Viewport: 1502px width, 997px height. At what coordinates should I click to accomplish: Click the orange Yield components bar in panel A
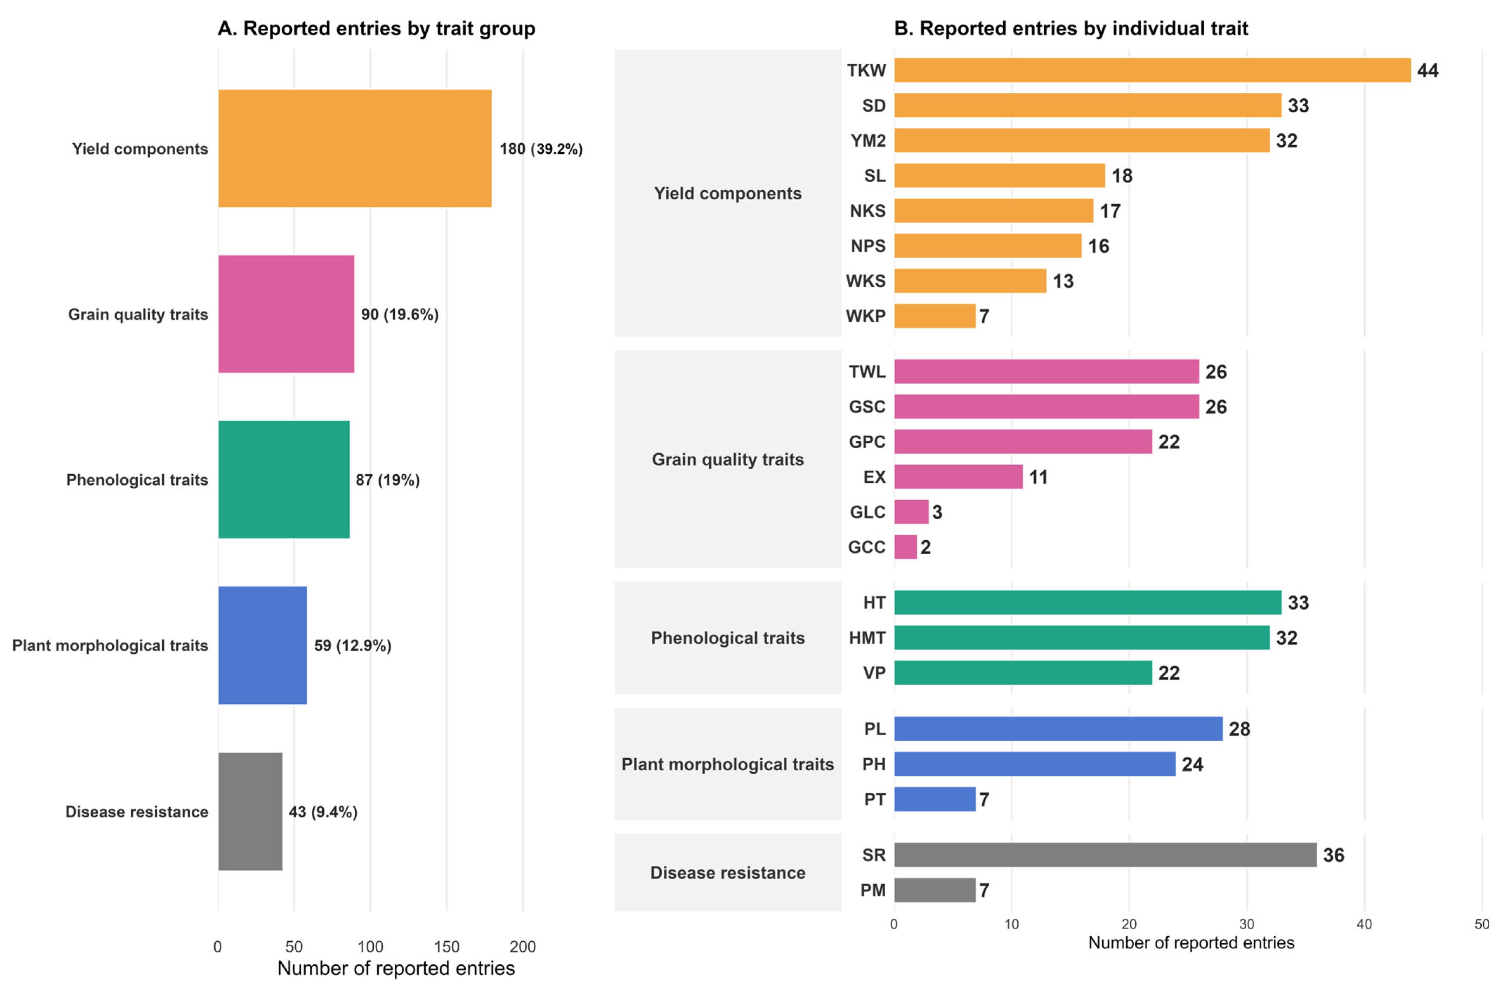point(355,148)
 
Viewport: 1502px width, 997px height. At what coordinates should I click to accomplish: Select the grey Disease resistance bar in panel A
point(250,811)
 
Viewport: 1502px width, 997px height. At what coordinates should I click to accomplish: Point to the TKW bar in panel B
point(1152,70)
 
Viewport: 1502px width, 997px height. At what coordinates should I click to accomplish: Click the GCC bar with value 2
point(906,547)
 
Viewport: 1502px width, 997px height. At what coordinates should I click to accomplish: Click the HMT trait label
point(867,638)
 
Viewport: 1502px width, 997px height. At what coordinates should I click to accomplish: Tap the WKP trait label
point(865,316)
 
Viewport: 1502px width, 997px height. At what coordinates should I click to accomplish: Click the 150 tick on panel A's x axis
point(446,947)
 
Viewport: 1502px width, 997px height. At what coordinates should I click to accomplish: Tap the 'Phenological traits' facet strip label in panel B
point(728,638)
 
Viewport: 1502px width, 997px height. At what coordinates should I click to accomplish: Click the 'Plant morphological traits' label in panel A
point(110,645)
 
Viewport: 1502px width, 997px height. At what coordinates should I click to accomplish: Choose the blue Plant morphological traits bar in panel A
point(263,645)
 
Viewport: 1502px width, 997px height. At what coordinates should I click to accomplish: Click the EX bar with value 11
point(958,477)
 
